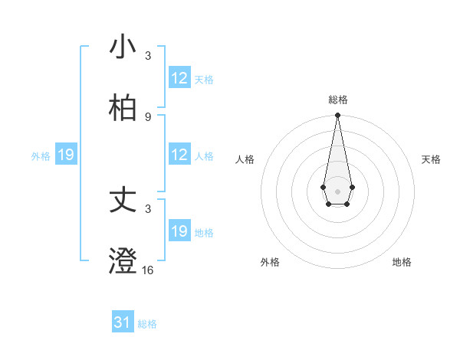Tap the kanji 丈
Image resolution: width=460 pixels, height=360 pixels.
[123, 200]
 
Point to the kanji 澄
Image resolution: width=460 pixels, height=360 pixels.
[123, 260]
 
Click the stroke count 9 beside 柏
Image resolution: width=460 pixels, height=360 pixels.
[148, 116]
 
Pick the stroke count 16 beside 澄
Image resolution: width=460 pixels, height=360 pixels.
[148, 270]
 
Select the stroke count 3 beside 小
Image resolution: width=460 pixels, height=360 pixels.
[148, 55]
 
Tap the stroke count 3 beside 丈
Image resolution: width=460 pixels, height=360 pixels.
[148, 208]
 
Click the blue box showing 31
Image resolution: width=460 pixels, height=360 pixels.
[123, 323]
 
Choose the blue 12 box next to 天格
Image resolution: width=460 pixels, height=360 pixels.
[179, 78]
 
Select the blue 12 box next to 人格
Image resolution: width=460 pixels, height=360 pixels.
[179, 155]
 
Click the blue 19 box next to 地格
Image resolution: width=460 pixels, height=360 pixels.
[179, 231]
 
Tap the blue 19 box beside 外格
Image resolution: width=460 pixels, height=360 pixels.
[66, 155]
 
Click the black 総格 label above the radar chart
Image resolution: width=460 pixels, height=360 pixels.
[337, 100]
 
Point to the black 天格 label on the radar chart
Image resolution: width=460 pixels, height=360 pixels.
[431, 159]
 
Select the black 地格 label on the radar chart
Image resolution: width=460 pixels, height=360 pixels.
[402, 262]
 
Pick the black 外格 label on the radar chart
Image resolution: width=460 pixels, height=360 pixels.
[270, 262]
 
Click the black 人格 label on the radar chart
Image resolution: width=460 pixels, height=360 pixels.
[245, 159]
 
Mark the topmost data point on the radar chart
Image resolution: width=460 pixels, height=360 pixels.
[337, 116]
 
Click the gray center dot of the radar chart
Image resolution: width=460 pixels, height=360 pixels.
[337, 190]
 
